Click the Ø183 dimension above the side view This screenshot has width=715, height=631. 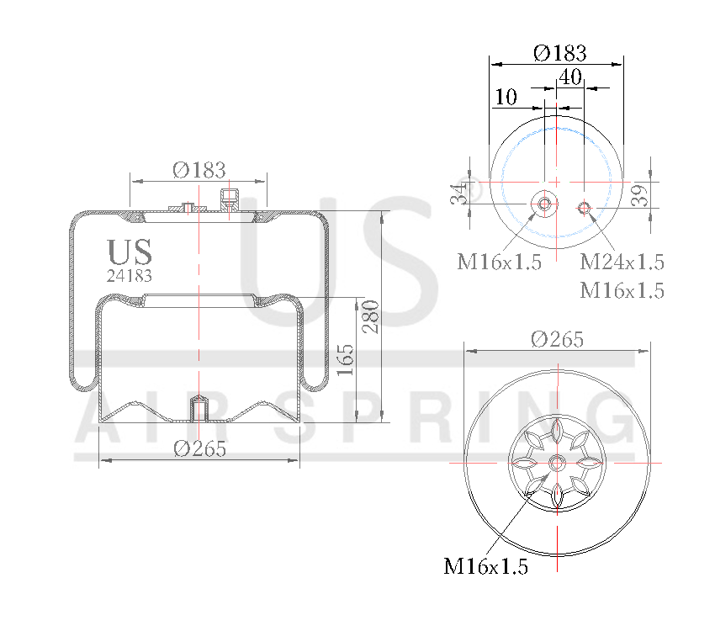click(x=199, y=170)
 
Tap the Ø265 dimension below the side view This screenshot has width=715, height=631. click(x=200, y=448)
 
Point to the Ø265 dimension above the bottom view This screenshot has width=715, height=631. click(x=557, y=339)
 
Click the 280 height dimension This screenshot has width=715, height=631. click(x=371, y=316)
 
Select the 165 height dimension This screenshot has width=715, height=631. click(x=344, y=359)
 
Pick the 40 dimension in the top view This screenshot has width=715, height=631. click(x=570, y=77)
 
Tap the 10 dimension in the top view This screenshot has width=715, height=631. click(x=506, y=98)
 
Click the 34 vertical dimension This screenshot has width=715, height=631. click(x=458, y=194)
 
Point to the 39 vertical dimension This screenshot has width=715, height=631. click(x=639, y=195)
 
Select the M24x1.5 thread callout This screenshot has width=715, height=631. click(x=622, y=262)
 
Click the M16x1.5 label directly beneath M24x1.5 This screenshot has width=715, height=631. click(x=622, y=291)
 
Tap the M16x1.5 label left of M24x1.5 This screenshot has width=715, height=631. click(x=499, y=262)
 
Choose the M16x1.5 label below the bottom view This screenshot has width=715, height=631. click(x=486, y=567)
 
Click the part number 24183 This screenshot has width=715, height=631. click(x=130, y=274)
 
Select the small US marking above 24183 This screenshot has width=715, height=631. click(x=130, y=252)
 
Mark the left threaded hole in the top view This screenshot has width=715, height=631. click(x=544, y=204)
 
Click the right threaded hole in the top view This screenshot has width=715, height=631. click(x=585, y=208)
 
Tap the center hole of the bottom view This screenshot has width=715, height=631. click(x=557, y=463)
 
